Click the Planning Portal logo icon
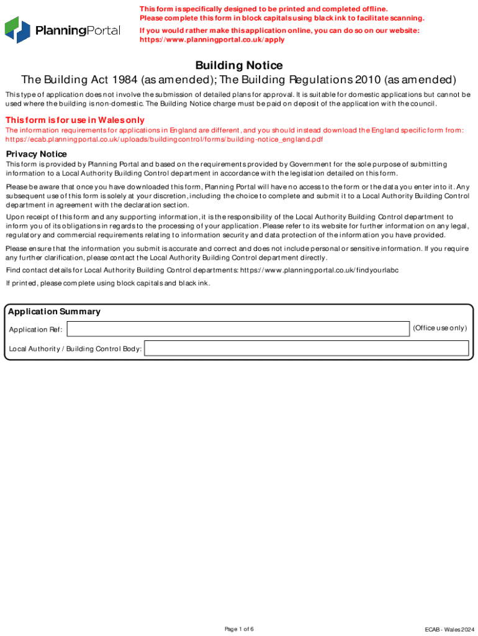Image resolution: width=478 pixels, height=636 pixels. (x=17, y=30)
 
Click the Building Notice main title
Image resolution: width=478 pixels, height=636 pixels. (x=239, y=65)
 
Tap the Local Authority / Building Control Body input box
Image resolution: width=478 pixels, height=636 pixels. (x=306, y=348)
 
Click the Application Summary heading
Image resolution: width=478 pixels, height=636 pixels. (x=54, y=312)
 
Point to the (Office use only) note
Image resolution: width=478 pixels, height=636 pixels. (x=440, y=328)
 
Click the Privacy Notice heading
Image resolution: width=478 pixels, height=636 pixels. (x=36, y=154)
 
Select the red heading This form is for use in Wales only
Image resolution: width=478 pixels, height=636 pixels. (x=75, y=120)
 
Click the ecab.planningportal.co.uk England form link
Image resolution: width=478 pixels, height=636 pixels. (x=165, y=140)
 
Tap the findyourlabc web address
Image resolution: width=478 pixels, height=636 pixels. (x=319, y=270)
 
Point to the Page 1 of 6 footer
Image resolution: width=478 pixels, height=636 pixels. (x=239, y=629)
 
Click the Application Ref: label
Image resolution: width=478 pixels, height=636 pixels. (x=35, y=329)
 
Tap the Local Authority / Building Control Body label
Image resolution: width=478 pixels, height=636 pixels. (x=75, y=349)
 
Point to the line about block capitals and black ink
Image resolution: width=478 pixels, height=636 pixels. (x=108, y=283)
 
